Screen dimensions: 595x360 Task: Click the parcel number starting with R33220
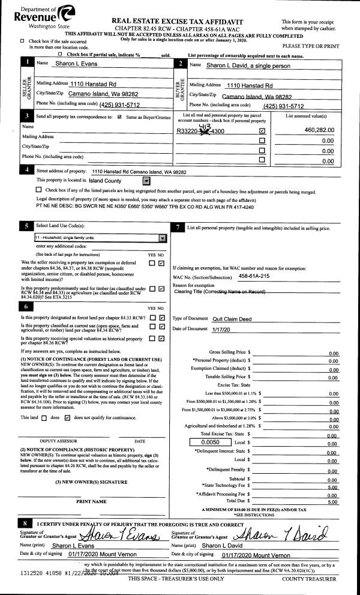click(x=201, y=130)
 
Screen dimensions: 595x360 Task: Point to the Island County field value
click(x=105, y=181)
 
